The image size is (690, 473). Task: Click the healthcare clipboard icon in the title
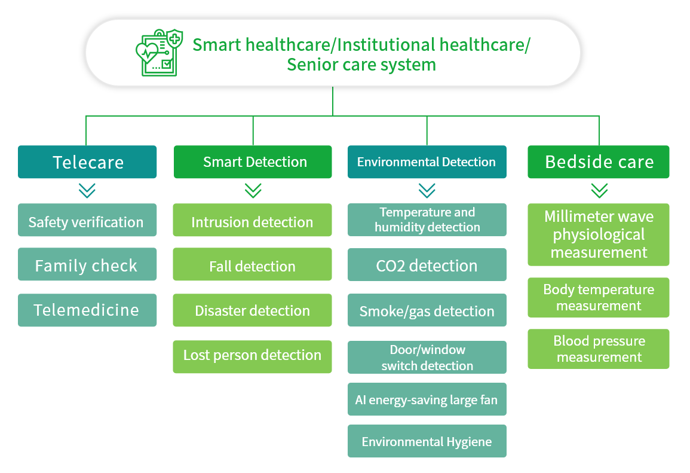(x=160, y=53)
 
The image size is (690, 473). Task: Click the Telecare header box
(x=87, y=161)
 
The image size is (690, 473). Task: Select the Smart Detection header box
(x=253, y=161)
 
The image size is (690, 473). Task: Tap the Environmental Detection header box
(x=427, y=161)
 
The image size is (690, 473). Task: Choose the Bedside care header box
(x=599, y=161)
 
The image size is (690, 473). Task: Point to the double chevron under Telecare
(x=87, y=191)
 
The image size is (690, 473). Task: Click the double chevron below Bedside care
(x=599, y=191)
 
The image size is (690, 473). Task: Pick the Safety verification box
(x=87, y=220)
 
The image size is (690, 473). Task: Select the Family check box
(x=87, y=264)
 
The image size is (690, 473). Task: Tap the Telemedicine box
(x=87, y=310)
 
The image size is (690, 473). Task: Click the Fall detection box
(x=252, y=264)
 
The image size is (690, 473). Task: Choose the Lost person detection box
(x=252, y=357)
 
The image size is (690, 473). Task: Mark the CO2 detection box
(x=427, y=265)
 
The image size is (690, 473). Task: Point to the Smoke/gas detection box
(x=427, y=310)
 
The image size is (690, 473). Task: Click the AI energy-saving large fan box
(x=427, y=399)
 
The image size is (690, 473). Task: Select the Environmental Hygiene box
(x=427, y=441)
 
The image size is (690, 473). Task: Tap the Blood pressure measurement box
(x=599, y=349)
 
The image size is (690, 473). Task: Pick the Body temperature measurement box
(x=599, y=297)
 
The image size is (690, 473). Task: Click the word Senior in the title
(x=308, y=65)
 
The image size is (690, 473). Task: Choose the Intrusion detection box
(x=252, y=220)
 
